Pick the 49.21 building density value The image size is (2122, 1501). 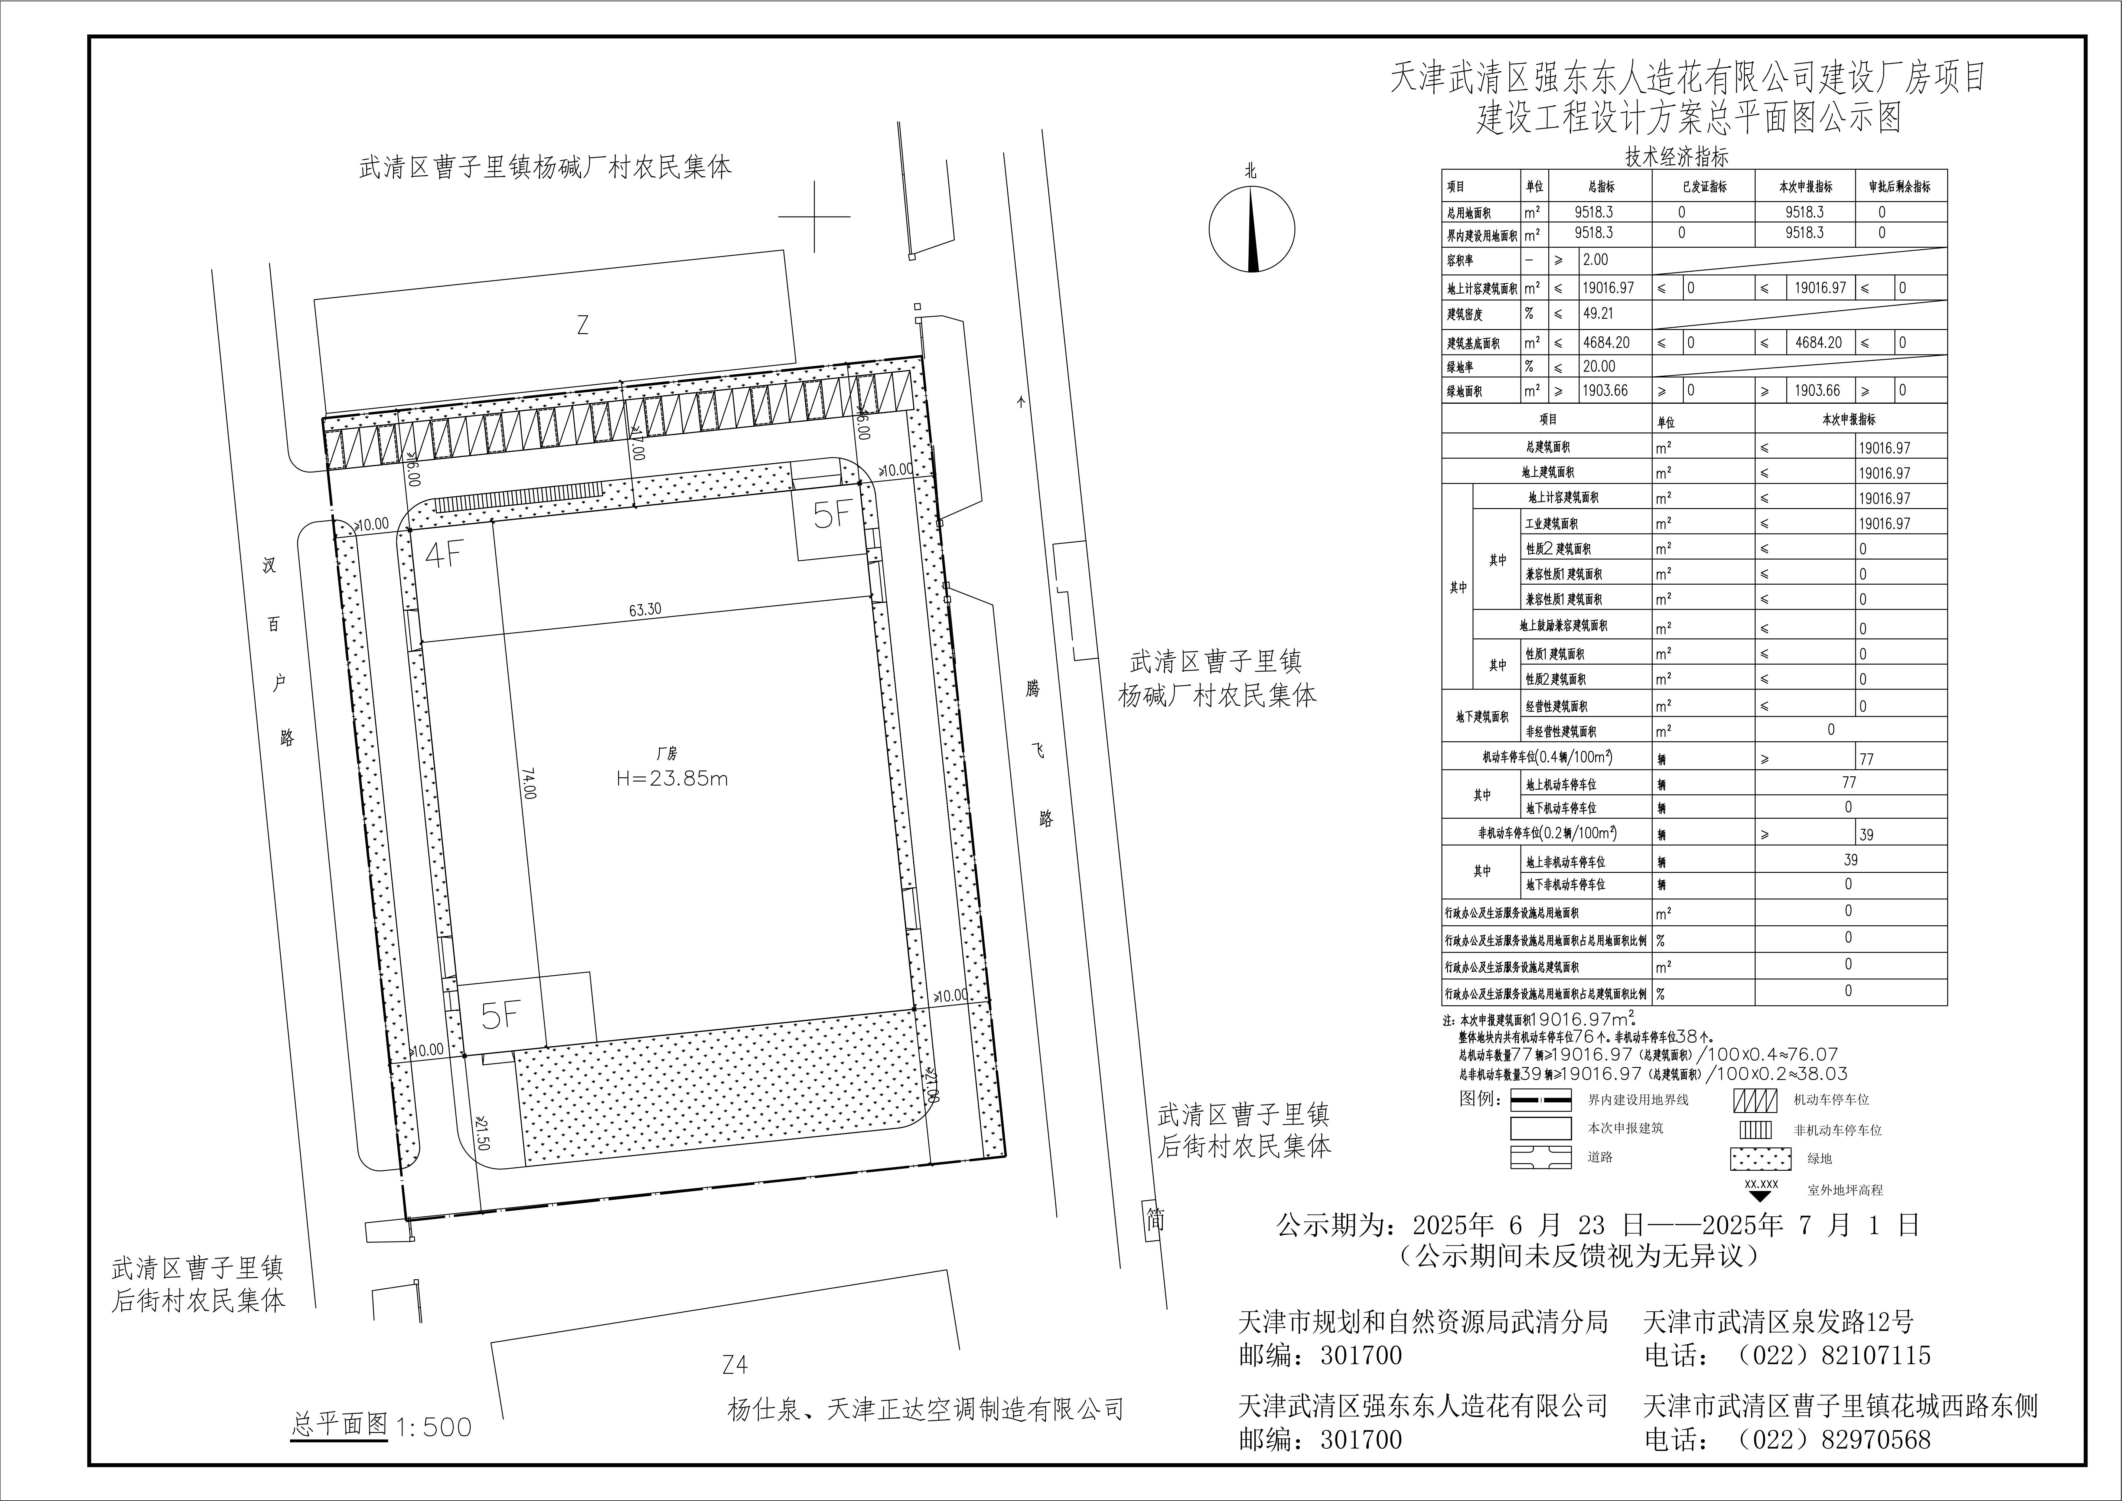tap(1598, 313)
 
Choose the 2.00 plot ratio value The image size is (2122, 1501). tap(1595, 260)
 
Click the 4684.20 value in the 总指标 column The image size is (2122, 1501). tap(1606, 342)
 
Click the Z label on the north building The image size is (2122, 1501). tap(582, 325)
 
